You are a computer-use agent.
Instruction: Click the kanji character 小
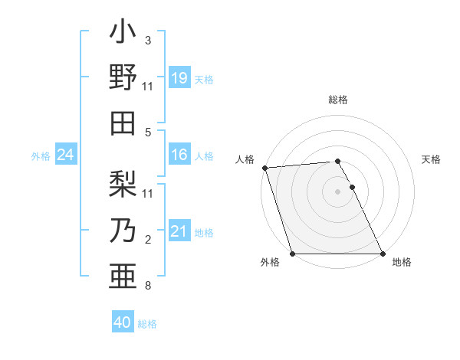[x=123, y=34]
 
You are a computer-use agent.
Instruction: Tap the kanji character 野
[x=123, y=78]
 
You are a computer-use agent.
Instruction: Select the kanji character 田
[x=123, y=123]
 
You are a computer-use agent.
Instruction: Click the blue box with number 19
[x=179, y=77]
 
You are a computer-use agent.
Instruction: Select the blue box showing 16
[x=179, y=155]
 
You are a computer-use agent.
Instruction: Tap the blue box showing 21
[x=179, y=231]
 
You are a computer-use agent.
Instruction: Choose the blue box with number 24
[x=65, y=155]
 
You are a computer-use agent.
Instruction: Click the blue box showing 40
[x=123, y=322]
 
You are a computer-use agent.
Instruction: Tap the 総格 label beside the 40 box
[x=147, y=324]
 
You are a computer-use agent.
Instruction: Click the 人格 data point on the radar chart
[x=264, y=168]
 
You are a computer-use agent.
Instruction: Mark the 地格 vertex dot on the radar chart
[x=382, y=254]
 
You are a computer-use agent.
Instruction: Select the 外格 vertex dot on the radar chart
[x=293, y=254]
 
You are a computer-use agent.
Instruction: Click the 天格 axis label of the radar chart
[x=431, y=159]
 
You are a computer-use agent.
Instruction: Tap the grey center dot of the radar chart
[x=337, y=191]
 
